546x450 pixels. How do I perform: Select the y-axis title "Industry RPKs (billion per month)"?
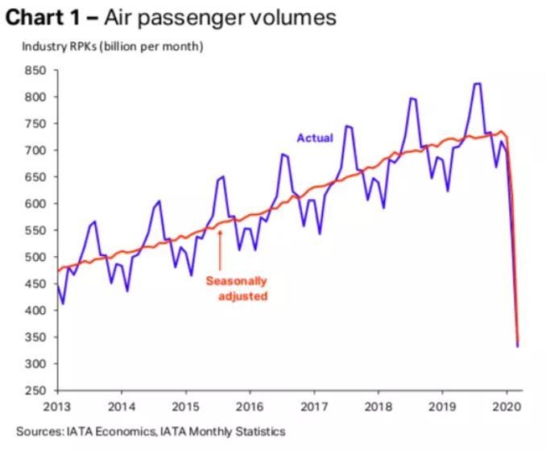(112, 46)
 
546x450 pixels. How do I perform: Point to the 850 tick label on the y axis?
(35, 71)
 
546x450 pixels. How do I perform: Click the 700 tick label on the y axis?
(35, 151)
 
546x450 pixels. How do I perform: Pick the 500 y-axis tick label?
(35, 258)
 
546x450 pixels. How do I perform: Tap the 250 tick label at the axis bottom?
(35, 391)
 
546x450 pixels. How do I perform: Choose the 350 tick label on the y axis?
(35, 337)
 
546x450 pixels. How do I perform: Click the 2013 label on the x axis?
(56, 407)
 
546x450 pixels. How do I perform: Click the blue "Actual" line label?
(315, 138)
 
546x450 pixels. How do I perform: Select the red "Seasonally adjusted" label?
(237, 288)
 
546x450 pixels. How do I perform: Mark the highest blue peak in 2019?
(477, 84)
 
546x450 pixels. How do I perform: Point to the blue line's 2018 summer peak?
(412, 99)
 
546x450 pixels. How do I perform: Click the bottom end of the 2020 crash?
(517, 345)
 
